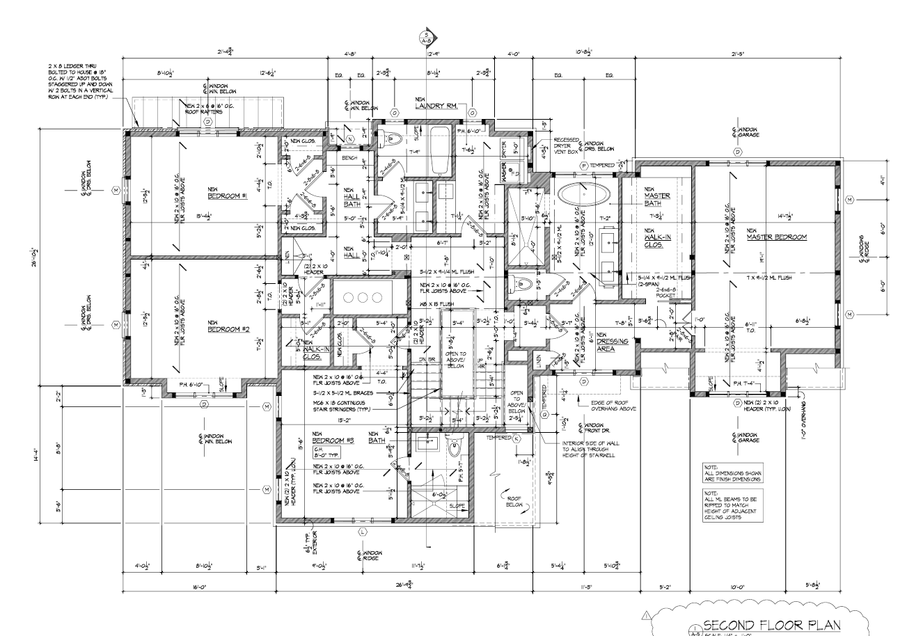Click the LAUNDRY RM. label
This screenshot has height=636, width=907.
click(x=436, y=105)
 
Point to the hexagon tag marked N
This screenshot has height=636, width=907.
click(x=349, y=139)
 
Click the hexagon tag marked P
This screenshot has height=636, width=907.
click(x=583, y=166)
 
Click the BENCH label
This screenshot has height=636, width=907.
click(x=349, y=158)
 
